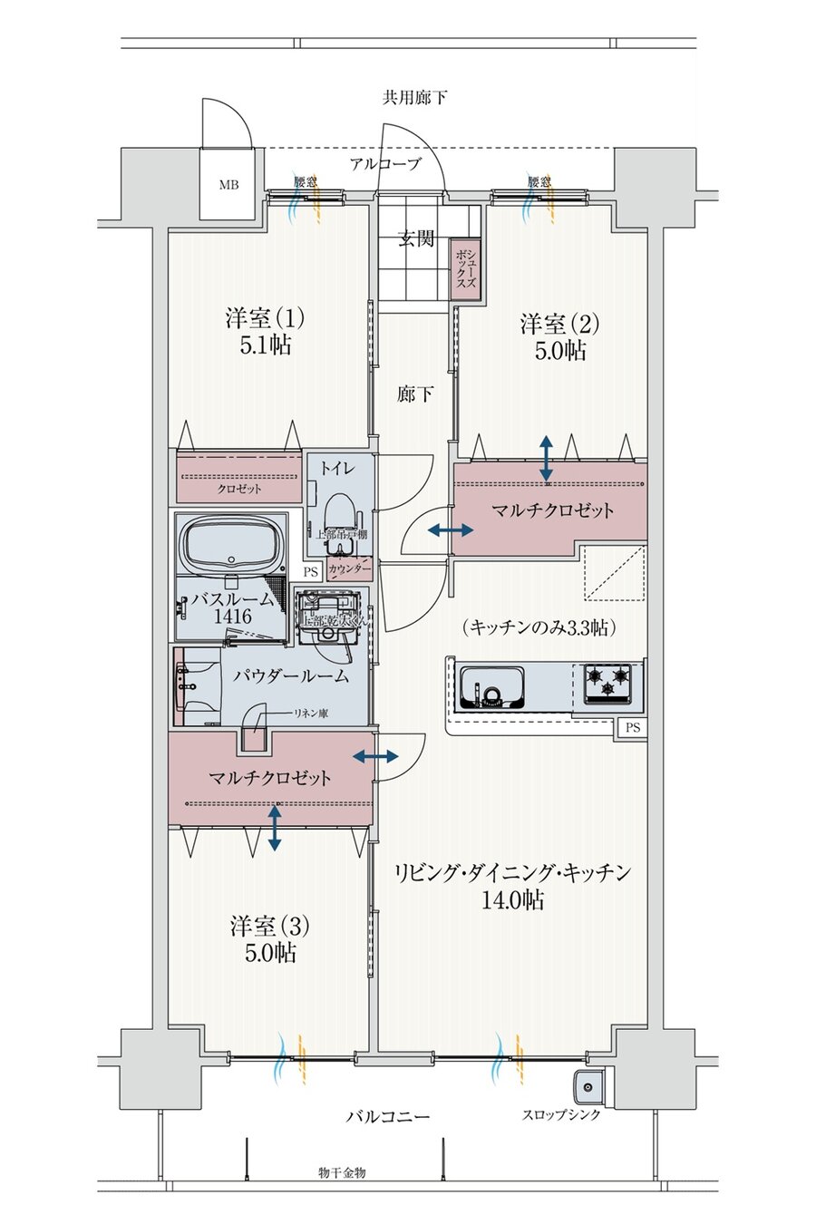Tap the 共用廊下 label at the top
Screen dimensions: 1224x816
click(x=414, y=97)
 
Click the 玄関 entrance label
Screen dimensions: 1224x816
click(x=416, y=239)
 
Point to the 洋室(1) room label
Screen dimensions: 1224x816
click(x=265, y=319)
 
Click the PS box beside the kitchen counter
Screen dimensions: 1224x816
click(x=632, y=727)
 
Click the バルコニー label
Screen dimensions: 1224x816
click(x=387, y=1116)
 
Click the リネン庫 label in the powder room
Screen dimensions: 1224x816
click(x=310, y=714)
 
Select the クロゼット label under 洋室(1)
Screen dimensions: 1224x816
click(x=238, y=489)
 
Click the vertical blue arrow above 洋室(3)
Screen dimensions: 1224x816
click(x=275, y=829)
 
